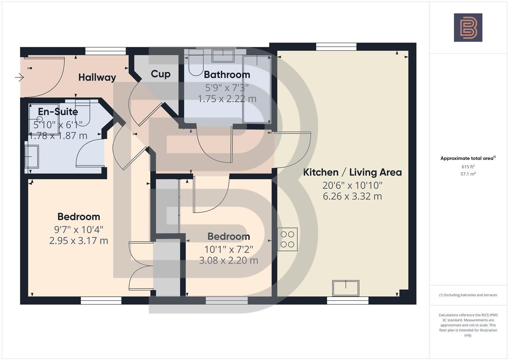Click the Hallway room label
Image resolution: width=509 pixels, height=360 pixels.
(x=97, y=77)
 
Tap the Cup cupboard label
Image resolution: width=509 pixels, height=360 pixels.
(x=160, y=74)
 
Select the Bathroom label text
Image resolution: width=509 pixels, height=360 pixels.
(x=227, y=75)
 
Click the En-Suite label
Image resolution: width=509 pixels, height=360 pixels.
(x=58, y=111)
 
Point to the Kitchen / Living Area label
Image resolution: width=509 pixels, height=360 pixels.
(x=352, y=172)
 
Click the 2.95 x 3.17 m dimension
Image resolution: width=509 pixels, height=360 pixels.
(x=78, y=241)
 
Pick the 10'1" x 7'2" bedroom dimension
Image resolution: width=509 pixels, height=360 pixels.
(x=228, y=249)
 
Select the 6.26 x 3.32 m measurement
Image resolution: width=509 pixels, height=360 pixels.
(x=352, y=196)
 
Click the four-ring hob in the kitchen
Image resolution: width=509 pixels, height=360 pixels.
(x=287, y=239)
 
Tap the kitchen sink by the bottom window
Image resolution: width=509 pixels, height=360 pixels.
(x=346, y=288)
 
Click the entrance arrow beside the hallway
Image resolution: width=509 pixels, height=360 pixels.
(x=19, y=78)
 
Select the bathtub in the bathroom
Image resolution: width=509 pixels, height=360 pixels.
(x=256, y=89)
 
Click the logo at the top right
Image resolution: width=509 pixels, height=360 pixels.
(x=468, y=28)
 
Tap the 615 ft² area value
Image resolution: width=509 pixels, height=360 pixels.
(x=468, y=167)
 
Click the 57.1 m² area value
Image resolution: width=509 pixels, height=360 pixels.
(x=468, y=174)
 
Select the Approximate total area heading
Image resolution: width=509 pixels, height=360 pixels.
(x=468, y=158)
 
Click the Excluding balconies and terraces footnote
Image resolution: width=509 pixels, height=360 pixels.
(x=468, y=295)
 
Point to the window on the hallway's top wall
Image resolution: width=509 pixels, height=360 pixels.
(x=105, y=51)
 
